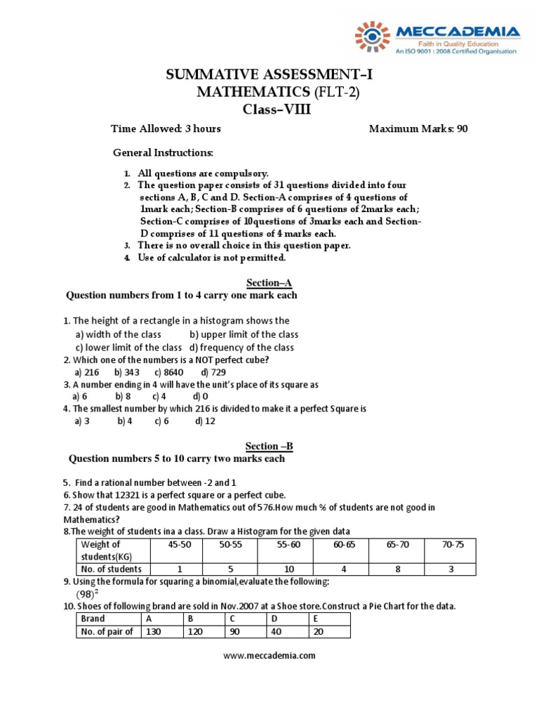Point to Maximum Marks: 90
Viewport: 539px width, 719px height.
[x=418, y=128]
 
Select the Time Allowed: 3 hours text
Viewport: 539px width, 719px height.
[x=166, y=128]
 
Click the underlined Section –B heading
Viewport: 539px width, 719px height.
[x=269, y=446]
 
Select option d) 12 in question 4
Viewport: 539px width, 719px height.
[x=205, y=421]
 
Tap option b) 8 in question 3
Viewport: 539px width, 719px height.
[x=124, y=396]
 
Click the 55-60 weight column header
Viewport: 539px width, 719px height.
[x=288, y=544]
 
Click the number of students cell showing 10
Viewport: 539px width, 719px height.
[x=288, y=569]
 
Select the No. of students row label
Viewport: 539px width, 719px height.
[x=112, y=569]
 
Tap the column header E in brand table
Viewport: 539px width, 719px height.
[x=315, y=619]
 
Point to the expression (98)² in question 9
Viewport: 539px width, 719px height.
[x=86, y=594]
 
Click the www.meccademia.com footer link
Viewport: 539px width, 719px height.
[x=269, y=656]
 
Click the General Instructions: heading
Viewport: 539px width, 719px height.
[x=163, y=152]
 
